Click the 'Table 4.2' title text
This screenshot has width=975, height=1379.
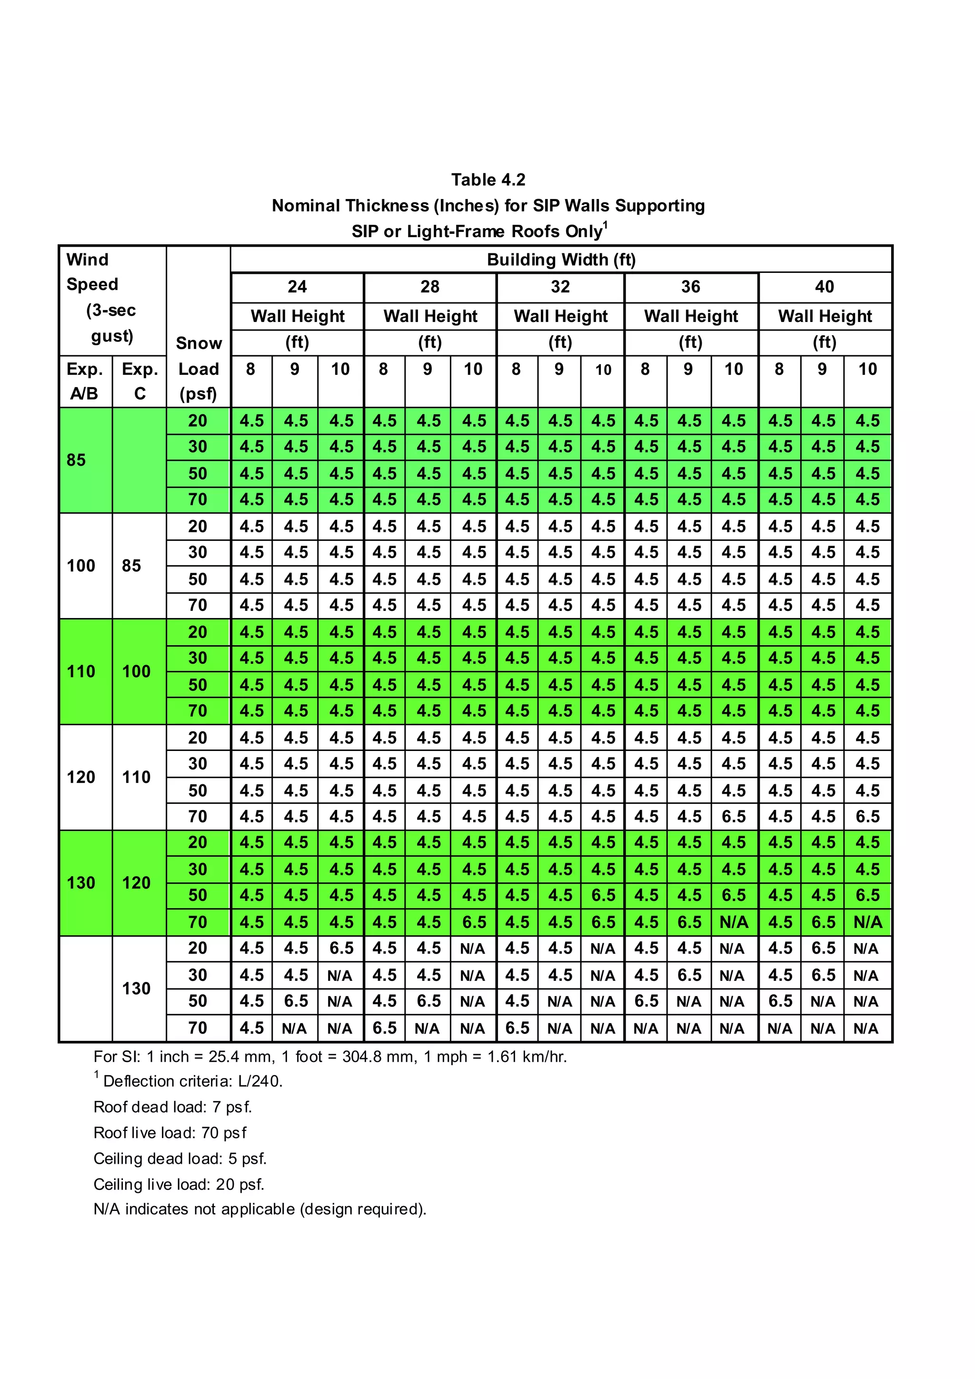(488, 180)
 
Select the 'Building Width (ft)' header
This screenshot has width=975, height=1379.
(561, 260)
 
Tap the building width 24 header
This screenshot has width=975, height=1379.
(297, 287)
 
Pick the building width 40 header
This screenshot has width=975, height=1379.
(824, 287)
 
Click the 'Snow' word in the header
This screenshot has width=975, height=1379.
(199, 343)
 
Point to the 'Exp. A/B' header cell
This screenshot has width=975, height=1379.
(85, 381)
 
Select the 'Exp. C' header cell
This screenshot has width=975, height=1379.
(140, 381)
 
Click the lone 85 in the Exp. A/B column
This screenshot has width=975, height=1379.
(76, 460)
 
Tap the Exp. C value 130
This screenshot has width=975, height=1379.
(136, 989)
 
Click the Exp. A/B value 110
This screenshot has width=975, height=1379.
(81, 671)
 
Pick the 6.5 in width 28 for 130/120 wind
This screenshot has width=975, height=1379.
(474, 922)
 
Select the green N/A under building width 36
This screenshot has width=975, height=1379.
(734, 922)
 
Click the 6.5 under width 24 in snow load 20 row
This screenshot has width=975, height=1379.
(341, 949)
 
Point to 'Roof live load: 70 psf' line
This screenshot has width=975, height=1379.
(170, 1133)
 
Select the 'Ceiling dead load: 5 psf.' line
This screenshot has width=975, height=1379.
(179, 1159)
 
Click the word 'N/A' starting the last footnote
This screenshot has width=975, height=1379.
(107, 1209)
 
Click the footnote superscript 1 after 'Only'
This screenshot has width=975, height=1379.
(605, 225)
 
